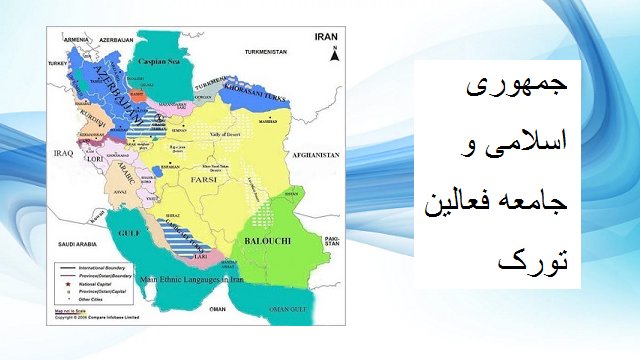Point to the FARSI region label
click(192, 180)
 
